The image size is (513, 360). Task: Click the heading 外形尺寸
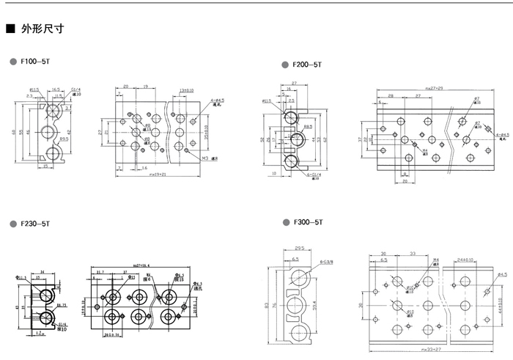(x=43, y=30)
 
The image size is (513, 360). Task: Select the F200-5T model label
(x=308, y=65)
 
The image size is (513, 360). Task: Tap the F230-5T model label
(x=34, y=223)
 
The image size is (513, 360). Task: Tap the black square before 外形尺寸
(x=10, y=30)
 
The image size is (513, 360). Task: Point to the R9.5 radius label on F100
(x=64, y=138)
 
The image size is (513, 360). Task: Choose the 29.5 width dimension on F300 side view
(x=295, y=250)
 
